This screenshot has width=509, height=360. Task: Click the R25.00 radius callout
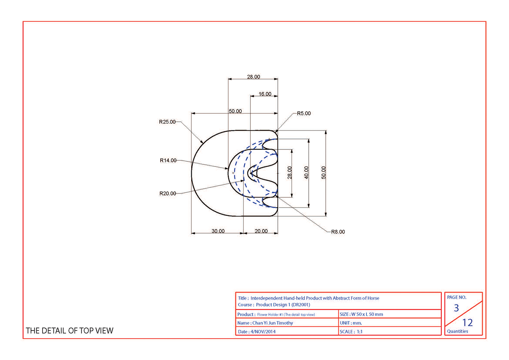click(167, 122)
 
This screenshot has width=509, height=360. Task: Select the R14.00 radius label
click(168, 160)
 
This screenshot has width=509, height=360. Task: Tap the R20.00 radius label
click(168, 193)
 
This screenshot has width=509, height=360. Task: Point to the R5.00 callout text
click(304, 113)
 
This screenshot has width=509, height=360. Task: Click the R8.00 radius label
click(338, 232)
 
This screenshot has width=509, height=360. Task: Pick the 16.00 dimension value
click(265, 94)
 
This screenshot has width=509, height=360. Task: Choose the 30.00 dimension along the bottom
click(218, 231)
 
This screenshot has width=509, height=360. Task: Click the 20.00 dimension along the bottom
click(261, 231)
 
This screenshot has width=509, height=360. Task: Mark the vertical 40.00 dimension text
click(306, 173)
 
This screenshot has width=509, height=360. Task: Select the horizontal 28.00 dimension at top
click(254, 77)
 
